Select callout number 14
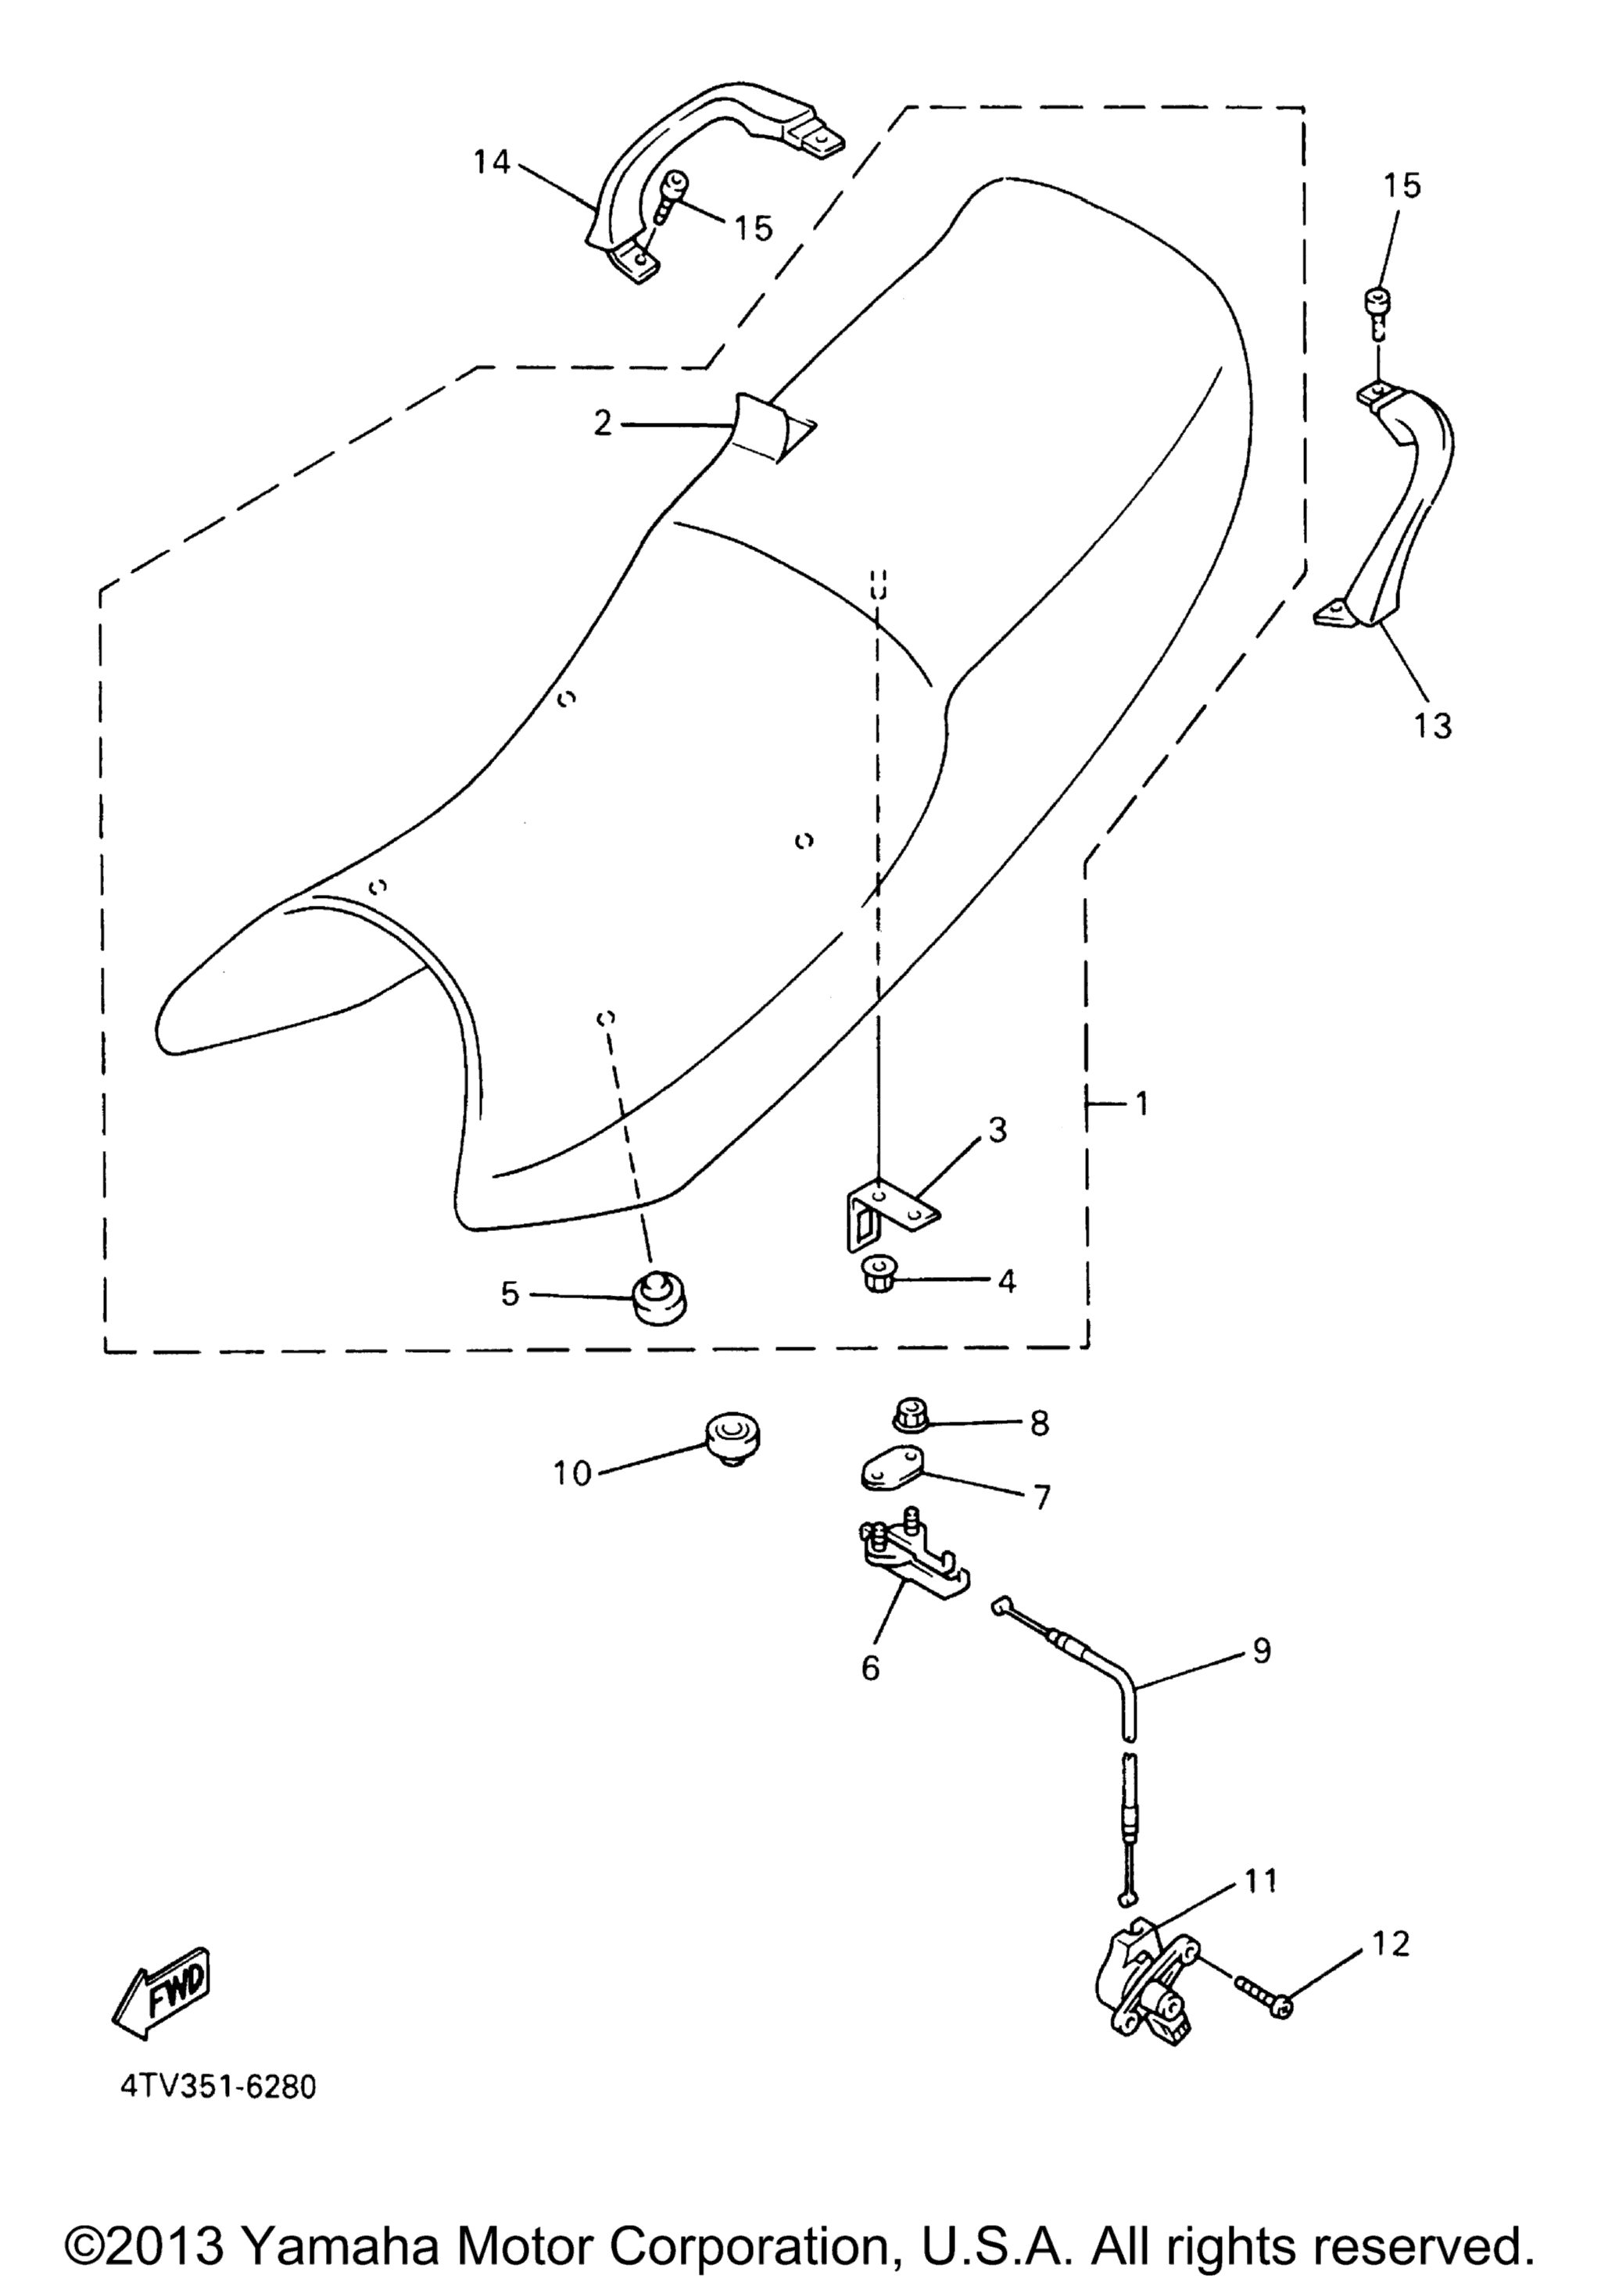point(491,162)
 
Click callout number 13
point(1432,725)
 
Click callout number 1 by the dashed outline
point(1141,1103)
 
